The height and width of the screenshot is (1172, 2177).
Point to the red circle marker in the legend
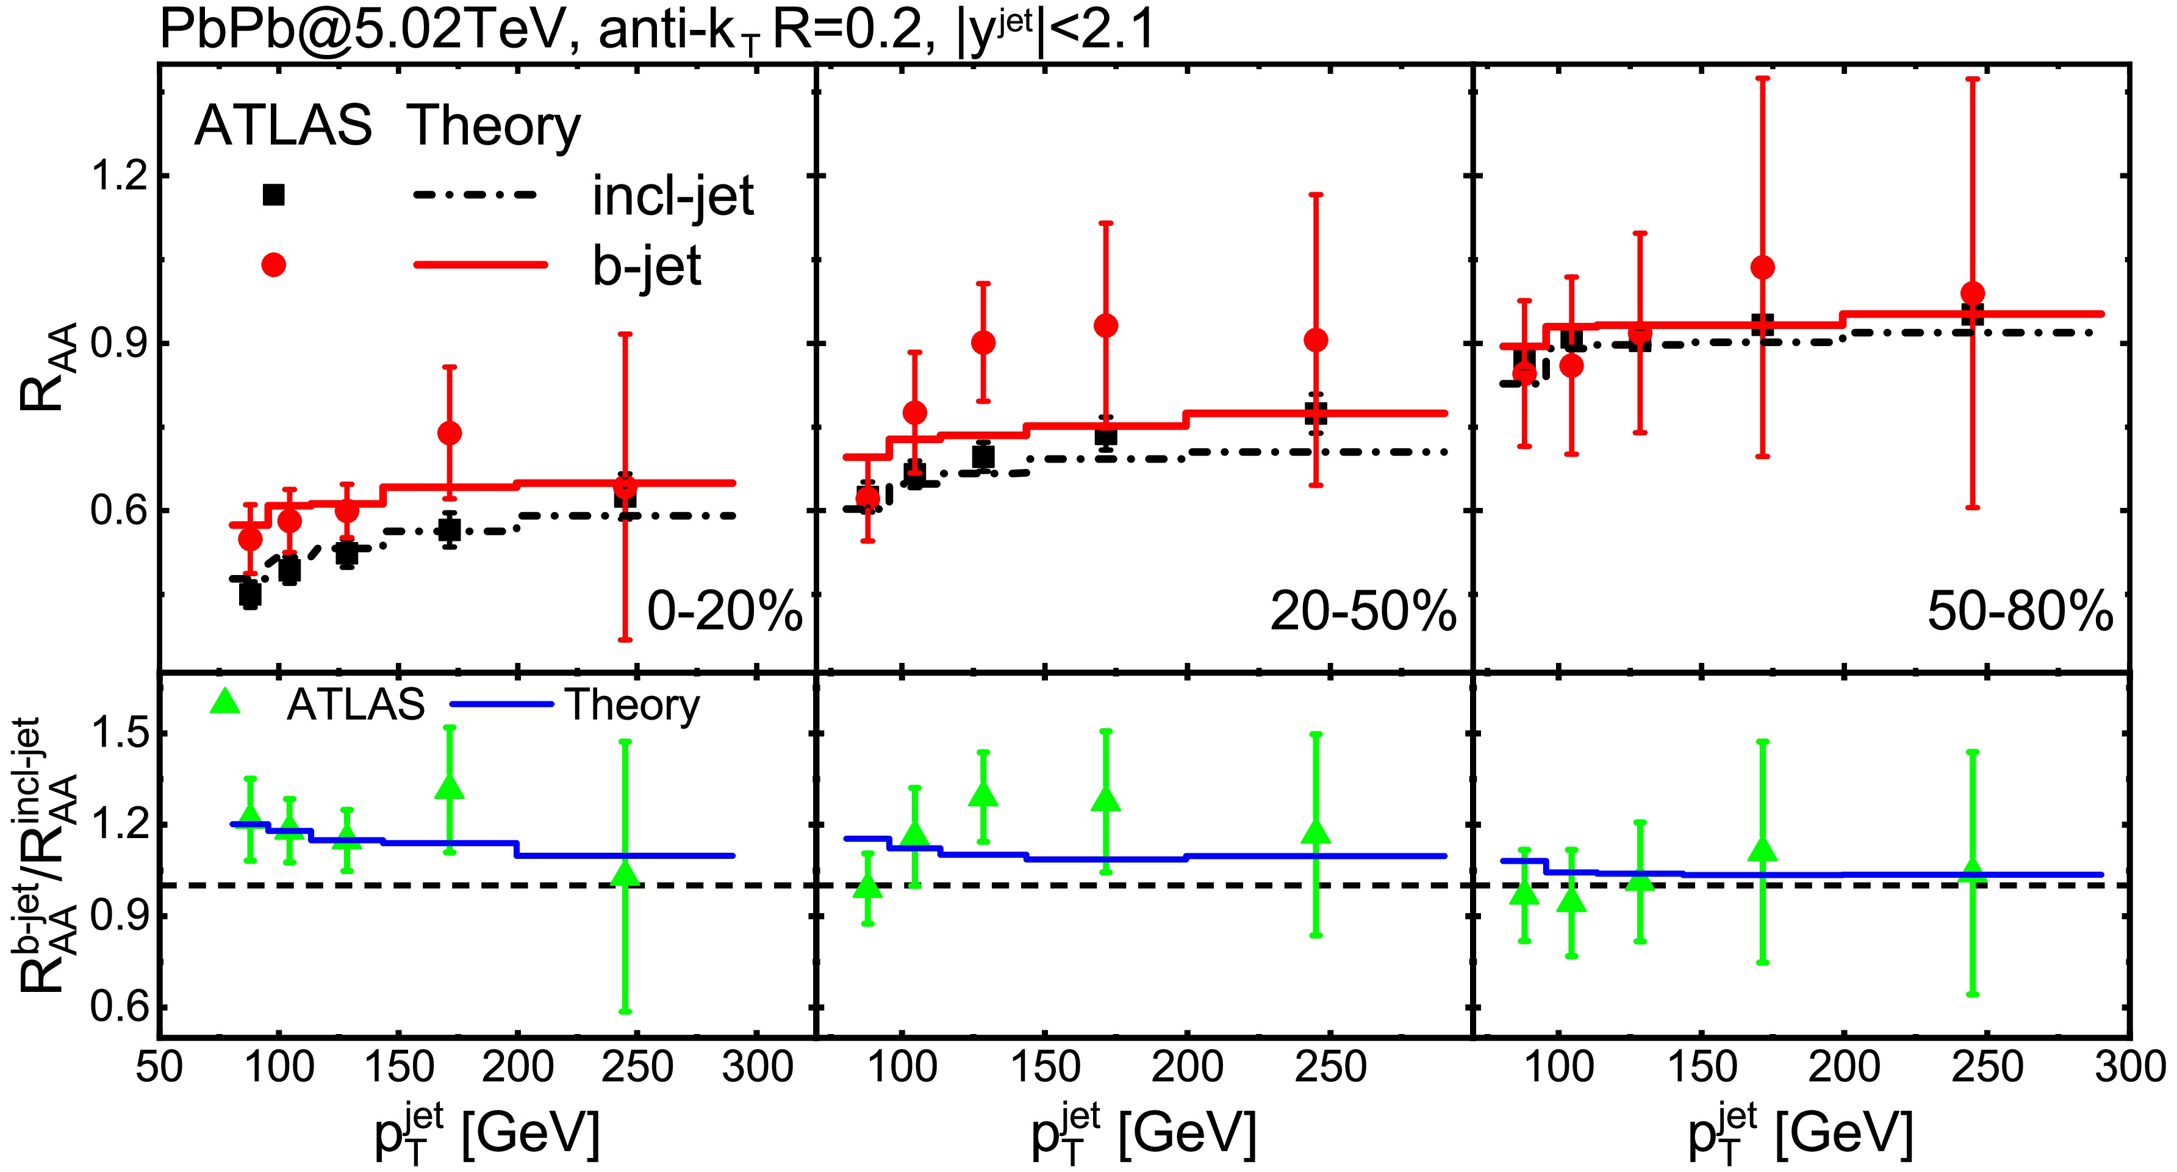point(274,265)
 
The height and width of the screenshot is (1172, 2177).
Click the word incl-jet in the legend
point(673,198)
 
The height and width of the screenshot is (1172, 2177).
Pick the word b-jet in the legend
point(647,267)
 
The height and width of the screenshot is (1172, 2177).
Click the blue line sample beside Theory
point(502,704)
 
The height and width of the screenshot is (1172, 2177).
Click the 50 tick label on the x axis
point(159,1067)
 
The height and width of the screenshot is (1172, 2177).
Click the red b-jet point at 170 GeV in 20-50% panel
point(1105,325)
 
